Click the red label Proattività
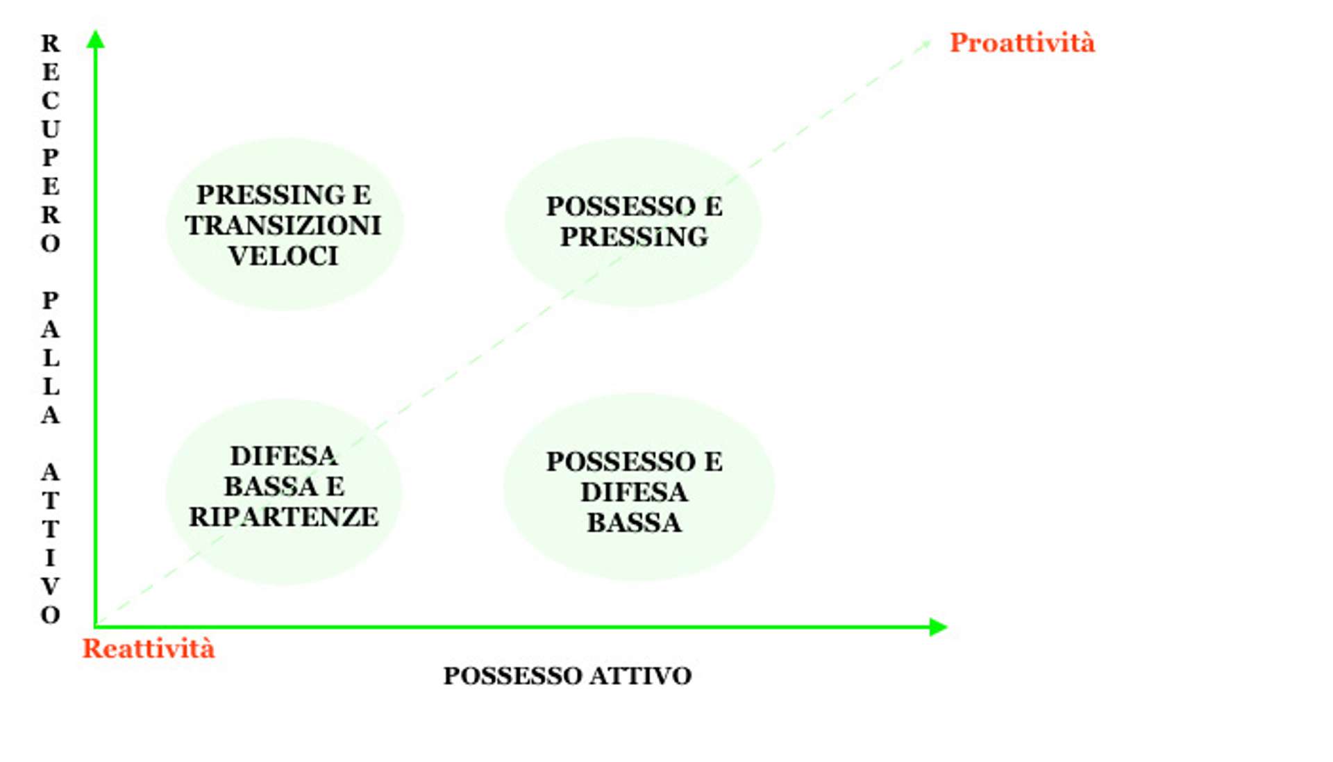[x=1021, y=43]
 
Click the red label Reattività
[x=149, y=649]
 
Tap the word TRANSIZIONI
[x=283, y=226]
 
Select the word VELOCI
[x=283, y=256]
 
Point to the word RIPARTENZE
[x=283, y=517]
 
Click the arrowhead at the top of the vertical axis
[x=96, y=39]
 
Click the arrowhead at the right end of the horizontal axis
[x=938, y=627]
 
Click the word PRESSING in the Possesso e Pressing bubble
[x=634, y=237]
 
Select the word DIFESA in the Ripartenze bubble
[x=283, y=456]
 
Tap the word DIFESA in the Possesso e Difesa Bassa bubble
[x=634, y=492]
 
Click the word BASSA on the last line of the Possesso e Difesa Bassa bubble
[x=634, y=522]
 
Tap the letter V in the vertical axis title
[x=50, y=587]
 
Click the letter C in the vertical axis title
[x=50, y=101]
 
